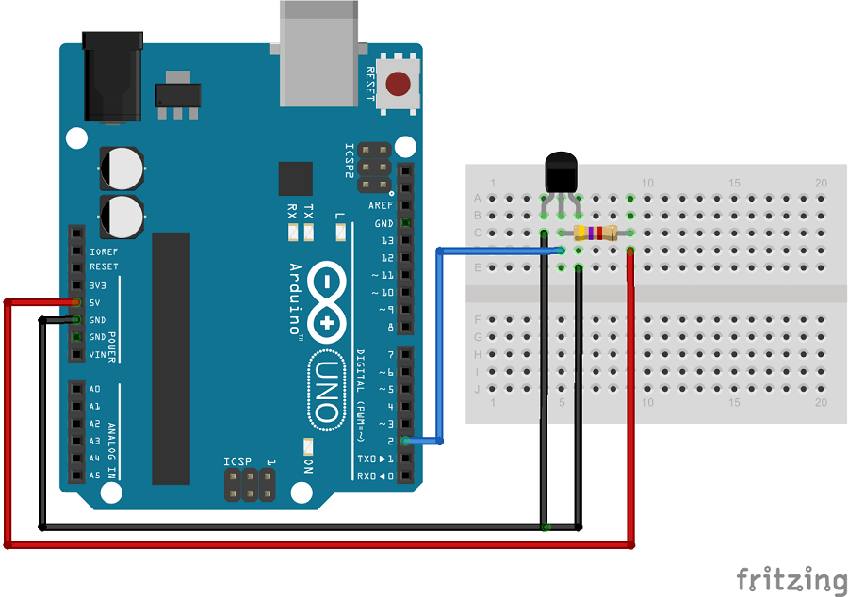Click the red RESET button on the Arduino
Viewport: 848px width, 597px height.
(402, 85)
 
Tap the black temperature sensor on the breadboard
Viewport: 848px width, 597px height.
(561, 173)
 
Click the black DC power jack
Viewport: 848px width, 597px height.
(112, 76)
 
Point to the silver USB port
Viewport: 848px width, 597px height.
(319, 53)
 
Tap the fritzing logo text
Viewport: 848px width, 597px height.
(791, 579)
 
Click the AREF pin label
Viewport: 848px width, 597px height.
(381, 205)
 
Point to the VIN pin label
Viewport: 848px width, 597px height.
(97, 355)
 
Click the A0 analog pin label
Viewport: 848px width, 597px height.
(94, 389)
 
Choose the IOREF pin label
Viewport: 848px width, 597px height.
(104, 251)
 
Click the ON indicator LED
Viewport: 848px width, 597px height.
(308, 445)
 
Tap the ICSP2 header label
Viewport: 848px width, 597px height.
(350, 161)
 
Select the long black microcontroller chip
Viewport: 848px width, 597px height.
(171, 358)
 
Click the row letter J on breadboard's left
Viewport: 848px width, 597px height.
(477, 388)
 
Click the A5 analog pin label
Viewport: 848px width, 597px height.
(94, 476)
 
